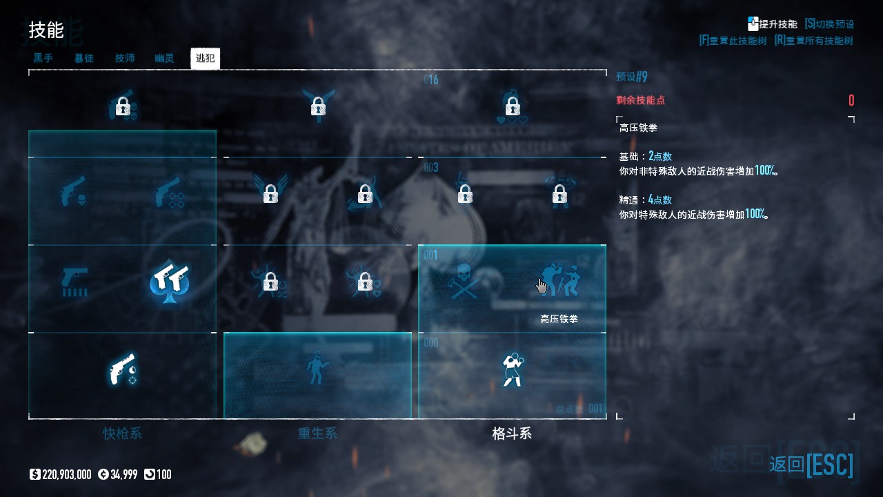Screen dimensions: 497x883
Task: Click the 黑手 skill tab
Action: coord(43,59)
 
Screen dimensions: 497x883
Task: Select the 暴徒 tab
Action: coord(84,59)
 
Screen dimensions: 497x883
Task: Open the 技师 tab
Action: coord(125,59)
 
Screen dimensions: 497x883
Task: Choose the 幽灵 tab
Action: coord(164,59)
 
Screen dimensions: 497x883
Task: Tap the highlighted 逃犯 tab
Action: coord(205,59)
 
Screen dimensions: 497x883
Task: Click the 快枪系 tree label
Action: coord(122,433)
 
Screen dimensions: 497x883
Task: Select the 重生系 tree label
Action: coord(317,433)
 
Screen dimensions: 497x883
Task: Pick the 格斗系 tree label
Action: coord(512,433)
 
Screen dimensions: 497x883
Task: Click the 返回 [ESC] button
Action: coord(811,465)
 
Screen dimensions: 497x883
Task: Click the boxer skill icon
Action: coord(512,369)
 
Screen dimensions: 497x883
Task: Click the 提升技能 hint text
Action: coord(777,23)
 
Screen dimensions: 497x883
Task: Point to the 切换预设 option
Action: coord(829,23)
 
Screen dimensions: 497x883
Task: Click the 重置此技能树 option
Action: coord(733,41)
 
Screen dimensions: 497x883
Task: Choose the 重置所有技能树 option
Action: coord(813,41)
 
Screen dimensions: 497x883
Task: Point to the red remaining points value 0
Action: coord(851,101)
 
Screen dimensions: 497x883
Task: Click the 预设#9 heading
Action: coord(632,77)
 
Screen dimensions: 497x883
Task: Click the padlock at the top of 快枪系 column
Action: coord(123,106)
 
